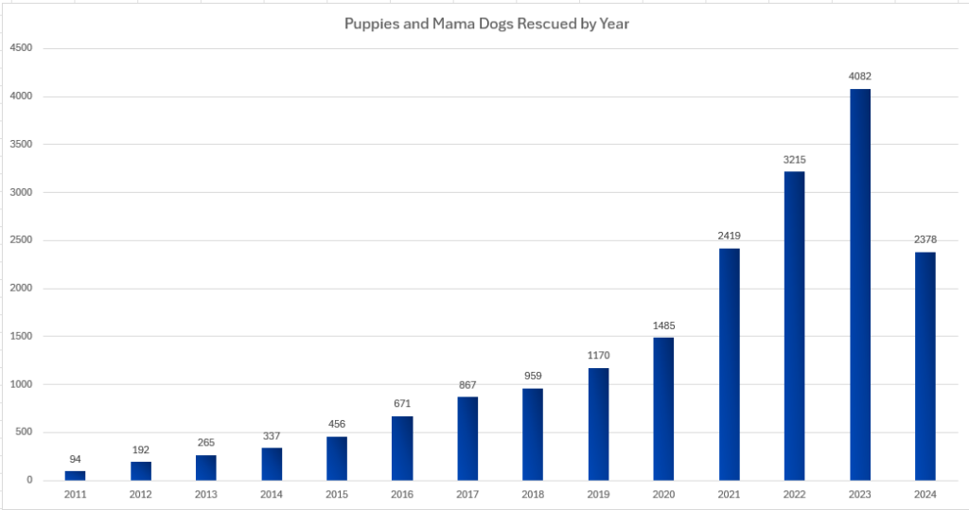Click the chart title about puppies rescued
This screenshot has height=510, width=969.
coord(486,24)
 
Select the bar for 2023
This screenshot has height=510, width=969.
coord(860,284)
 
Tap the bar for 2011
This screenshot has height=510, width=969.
coord(76,475)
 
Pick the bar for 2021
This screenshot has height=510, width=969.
coord(729,364)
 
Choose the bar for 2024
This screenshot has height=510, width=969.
coord(925,366)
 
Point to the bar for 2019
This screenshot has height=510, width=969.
coord(598,424)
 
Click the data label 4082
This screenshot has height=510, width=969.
coord(860,76)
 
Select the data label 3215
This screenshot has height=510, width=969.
coord(794,159)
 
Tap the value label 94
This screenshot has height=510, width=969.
coord(76,459)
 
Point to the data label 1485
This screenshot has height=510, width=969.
coord(663,325)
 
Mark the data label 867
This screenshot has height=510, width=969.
coord(468,385)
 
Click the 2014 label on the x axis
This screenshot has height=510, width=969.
coord(272,495)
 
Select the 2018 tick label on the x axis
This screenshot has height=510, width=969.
coord(533,495)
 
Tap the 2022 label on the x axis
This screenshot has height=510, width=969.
coord(794,495)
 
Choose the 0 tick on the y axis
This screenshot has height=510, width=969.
coord(29,481)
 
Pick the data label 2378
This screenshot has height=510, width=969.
coord(925,240)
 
